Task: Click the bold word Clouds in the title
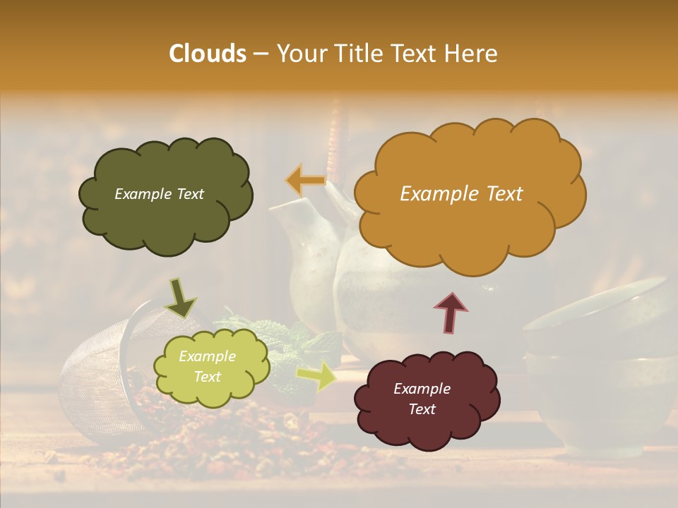[x=207, y=54]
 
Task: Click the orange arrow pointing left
[x=305, y=180]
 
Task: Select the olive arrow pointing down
[x=181, y=298]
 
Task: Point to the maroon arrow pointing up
[x=451, y=313]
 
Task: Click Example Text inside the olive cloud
[x=159, y=194]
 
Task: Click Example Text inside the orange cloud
[x=461, y=194]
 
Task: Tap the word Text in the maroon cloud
[x=422, y=409]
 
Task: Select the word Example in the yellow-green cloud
[x=207, y=356]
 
